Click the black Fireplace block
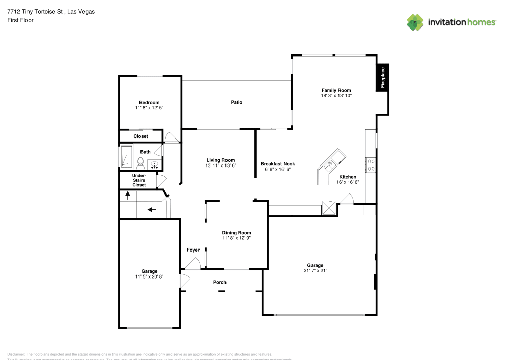pos(383,77)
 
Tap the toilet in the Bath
pos(140,162)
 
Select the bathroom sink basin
pos(154,164)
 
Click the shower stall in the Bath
pos(126,156)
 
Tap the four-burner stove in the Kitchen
pos(371,164)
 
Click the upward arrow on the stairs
pos(127,195)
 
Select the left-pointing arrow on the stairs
pos(151,209)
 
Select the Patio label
pos(236,102)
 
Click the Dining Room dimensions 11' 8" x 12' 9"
pos(237,238)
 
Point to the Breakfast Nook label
pos(277,164)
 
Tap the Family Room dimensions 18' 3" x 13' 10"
pos(336,95)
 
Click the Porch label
pos(220,282)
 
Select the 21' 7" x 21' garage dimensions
pos(315,271)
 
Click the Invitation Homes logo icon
pos(415,22)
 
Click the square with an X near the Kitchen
pos(329,208)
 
